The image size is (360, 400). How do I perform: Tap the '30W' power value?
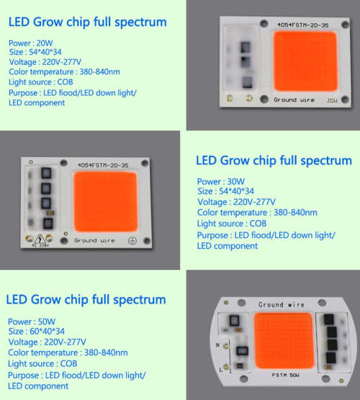coord(235,181)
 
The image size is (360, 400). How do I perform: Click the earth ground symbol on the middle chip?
coord(132,240)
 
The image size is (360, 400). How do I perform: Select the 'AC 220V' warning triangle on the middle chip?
coord(36,239)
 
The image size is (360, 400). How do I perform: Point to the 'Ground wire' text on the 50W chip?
coord(280,305)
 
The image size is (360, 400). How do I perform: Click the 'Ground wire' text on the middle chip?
coord(94,240)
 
